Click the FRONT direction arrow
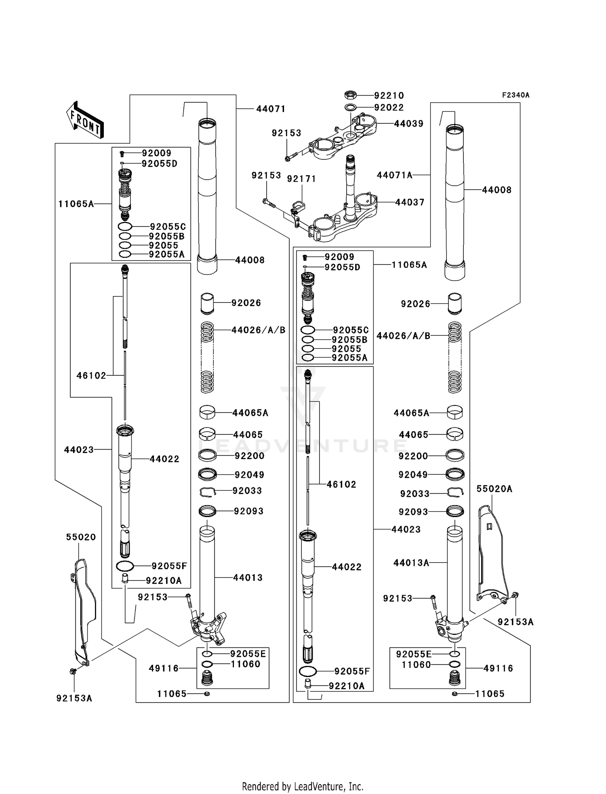click(x=85, y=120)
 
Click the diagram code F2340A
click(x=516, y=95)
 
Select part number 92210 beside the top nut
click(x=389, y=95)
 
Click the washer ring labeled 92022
click(x=350, y=107)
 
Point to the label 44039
click(x=409, y=124)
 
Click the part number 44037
click(x=410, y=202)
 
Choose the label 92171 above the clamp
click(x=301, y=179)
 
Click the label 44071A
click(x=395, y=175)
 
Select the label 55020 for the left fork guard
click(x=81, y=537)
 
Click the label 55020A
click(x=494, y=489)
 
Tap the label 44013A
click(x=411, y=563)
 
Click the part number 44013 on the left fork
click(x=248, y=578)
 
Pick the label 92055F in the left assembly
click(x=169, y=566)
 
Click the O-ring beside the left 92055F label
click(x=125, y=565)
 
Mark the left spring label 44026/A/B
click(x=259, y=330)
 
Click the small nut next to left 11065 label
click(x=207, y=694)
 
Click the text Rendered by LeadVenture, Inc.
click(x=303, y=786)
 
